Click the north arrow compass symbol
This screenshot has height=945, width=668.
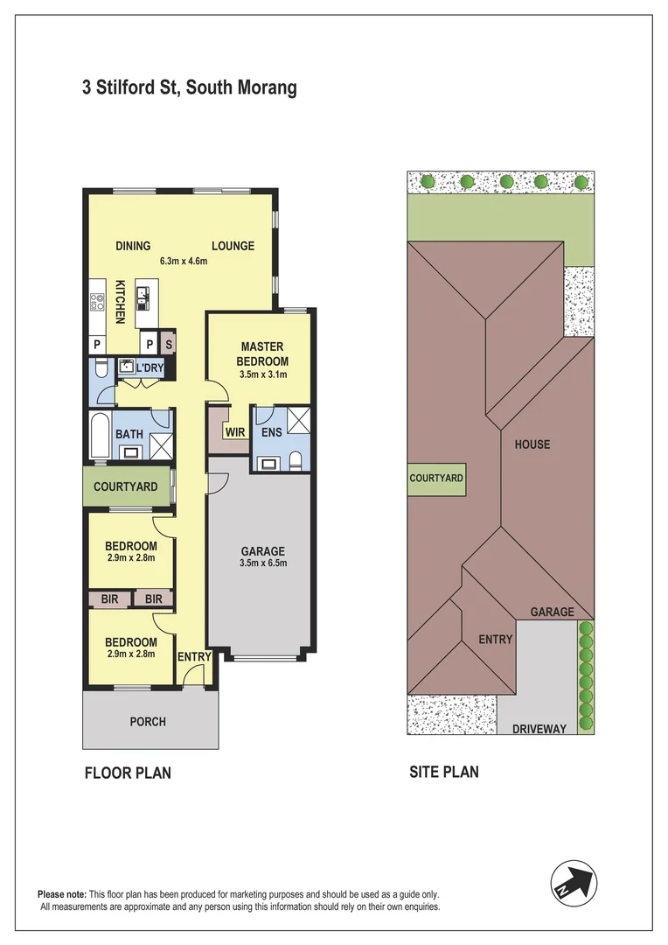[574, 884]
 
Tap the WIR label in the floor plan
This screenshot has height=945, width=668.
[235, 432]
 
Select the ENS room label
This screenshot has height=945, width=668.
[272, 432]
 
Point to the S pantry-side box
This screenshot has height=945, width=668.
[169, 345]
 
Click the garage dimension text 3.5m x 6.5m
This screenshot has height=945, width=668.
[263, 563]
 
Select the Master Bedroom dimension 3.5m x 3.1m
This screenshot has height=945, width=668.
[262, 374]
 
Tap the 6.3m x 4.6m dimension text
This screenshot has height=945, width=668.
[183, 261]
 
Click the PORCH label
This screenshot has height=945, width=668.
[148, 721]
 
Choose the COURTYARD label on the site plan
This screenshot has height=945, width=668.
[436, 478]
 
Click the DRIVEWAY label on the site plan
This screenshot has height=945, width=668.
[539, 729]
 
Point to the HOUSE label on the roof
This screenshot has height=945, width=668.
[532, 444]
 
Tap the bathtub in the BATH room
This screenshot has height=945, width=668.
[100, 436]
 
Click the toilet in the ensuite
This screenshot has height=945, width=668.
[296, 461]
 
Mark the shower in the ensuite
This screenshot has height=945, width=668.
[299, 420]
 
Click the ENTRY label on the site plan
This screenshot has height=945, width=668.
[495, 639]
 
